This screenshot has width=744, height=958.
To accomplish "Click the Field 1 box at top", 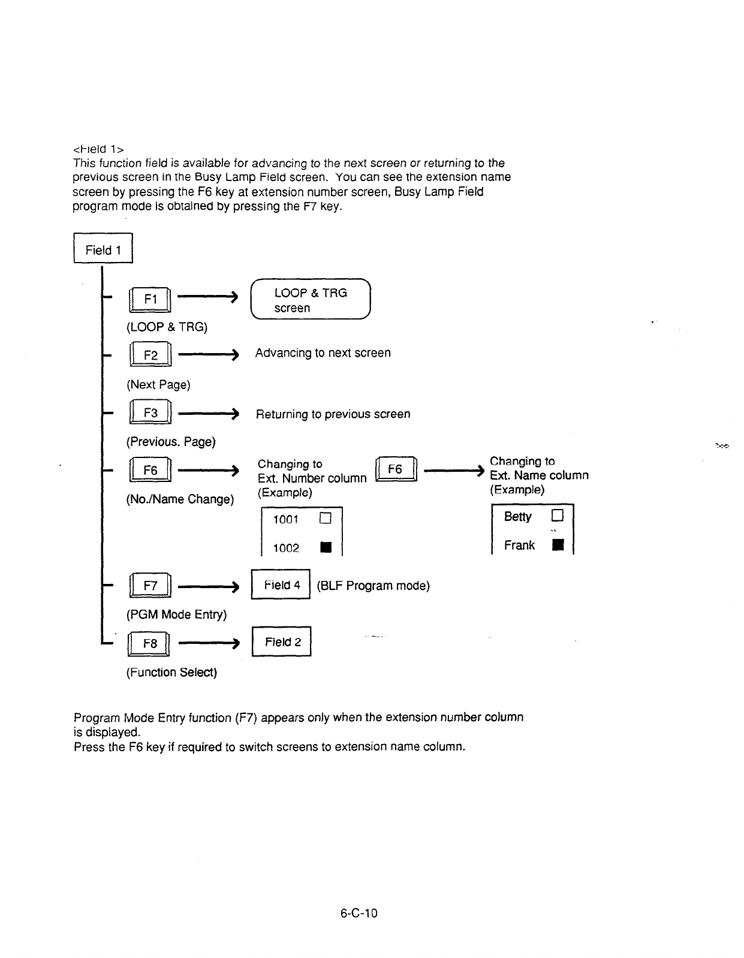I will pos(103,249).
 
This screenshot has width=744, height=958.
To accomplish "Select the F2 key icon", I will pos(150,356).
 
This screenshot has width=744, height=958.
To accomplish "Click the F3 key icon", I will pos(150,413).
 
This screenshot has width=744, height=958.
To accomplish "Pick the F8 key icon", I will pos(150,643).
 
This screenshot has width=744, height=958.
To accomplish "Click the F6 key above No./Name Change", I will pos(150,471).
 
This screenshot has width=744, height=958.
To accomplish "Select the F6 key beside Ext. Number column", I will pos(395,469).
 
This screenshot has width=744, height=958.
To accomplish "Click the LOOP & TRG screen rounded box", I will pos(311,300).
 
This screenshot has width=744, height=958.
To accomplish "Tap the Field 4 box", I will pos(281,585).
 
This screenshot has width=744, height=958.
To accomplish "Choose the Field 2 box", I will pos(282,642).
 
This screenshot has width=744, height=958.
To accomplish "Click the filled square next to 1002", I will pos(326,547).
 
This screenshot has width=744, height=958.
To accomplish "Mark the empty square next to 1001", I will pos(326,519).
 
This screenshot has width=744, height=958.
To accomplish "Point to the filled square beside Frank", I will pos(558,545).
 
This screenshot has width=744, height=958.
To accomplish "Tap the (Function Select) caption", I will pos(171,672).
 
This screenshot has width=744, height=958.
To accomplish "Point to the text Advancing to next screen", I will pos(323,353).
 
